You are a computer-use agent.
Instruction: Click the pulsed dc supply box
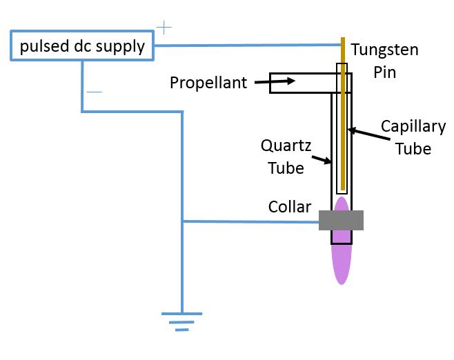click(81, 46)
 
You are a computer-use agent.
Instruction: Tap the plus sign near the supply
click(164, 28)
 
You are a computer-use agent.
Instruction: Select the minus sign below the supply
click(95, 92)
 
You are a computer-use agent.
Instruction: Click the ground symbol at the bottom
click(181, 321)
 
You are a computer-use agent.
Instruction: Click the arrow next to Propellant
click(277, 82)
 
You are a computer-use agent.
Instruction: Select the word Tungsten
click(384, 50)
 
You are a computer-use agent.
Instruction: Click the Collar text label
click(290, 206)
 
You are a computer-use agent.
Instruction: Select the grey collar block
click(341, 220)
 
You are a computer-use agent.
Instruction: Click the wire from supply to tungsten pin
click(248, 46)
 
